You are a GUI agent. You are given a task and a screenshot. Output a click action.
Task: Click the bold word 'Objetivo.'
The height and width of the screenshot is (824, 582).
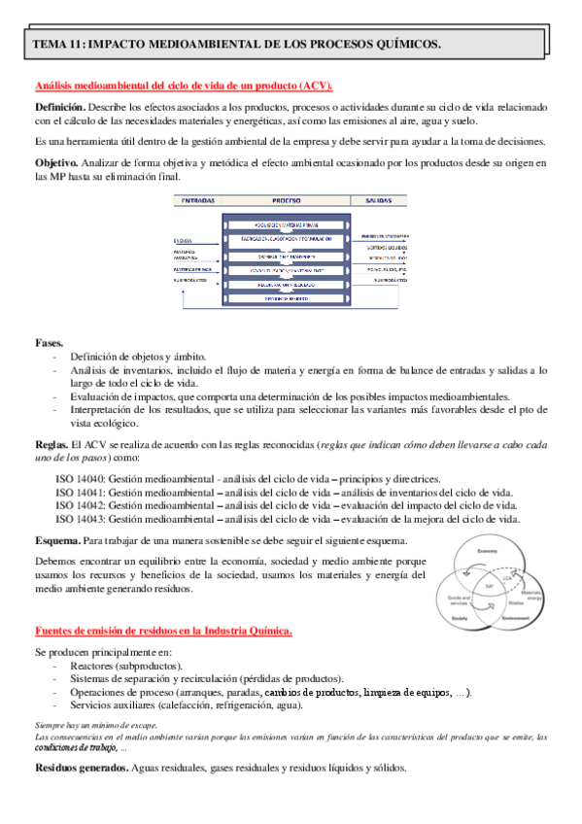coord(57,161)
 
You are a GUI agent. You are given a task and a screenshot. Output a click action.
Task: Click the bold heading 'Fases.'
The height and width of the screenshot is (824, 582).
coord(50,343)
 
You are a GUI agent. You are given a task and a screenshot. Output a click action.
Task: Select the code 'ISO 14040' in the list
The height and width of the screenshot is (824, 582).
coord(80,479)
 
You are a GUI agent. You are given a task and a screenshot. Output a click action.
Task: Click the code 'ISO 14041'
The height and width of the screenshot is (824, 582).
coord(80,493)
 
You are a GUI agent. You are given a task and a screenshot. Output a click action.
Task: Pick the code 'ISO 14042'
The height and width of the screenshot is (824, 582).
coord(80,505)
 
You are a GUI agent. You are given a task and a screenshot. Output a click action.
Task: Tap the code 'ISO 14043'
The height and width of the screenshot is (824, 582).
coord(80,519)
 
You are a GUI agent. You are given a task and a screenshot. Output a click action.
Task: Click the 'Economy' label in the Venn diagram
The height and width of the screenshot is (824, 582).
coord(487,552)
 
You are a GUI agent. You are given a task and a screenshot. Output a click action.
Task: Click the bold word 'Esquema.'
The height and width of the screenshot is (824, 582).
coord(57,539)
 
